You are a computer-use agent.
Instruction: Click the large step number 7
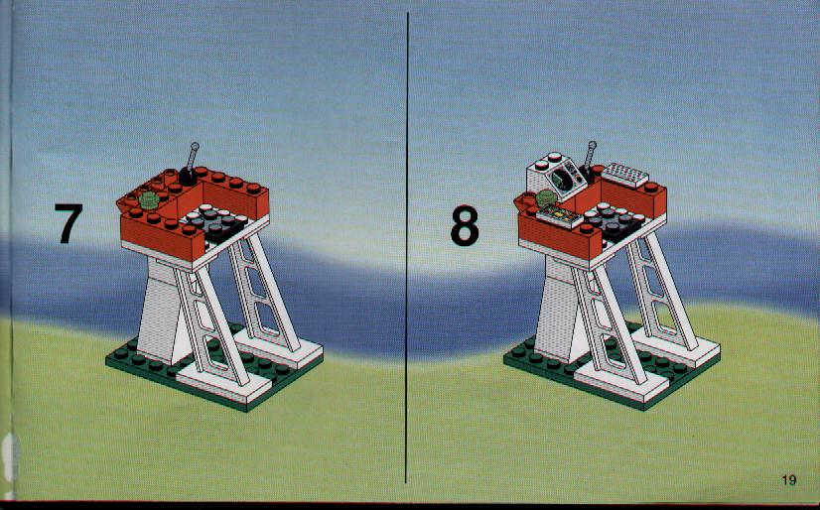click(68, 223)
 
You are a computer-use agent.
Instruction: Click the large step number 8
click(465, 226)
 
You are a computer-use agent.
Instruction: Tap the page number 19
click(788, 479)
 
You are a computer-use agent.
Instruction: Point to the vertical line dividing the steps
click(407, 247)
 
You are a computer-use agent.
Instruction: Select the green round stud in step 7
click(149, 199)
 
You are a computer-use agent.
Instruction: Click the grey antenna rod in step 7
click(192, 156)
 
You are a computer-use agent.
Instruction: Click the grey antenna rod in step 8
click(590, 155)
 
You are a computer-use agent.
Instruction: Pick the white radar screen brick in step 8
click(556, 176)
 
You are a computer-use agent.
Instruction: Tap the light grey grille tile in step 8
click(625, 175)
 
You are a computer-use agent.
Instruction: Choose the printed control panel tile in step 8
click(560, 215)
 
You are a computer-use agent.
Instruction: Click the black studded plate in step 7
click(214, 223)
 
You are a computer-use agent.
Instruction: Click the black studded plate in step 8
click(613, 222)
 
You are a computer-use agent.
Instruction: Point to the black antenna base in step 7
click(189, 176)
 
